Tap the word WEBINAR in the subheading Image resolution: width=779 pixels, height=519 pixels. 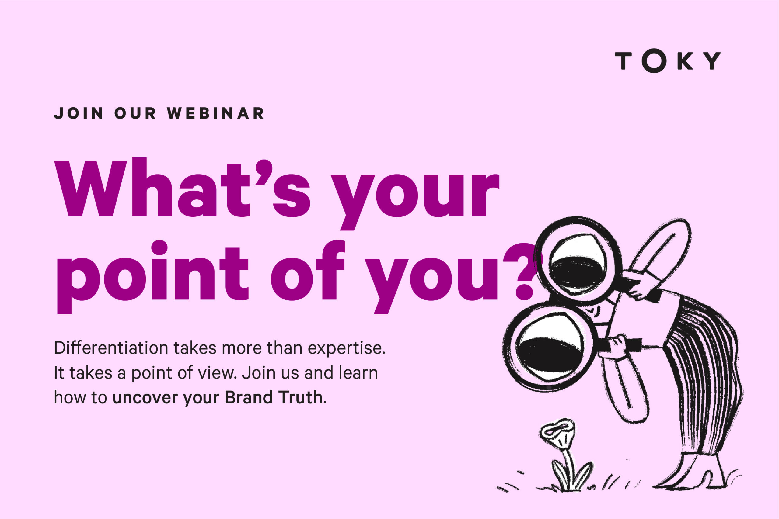pyautogui.click(x=216, y=113)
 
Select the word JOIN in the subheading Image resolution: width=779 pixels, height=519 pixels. pyautogui.click(x=79, y=113)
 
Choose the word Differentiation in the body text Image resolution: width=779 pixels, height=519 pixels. pyautogui.click(x=111, y=348)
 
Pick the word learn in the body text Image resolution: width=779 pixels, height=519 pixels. pyautogui.click(x=358, y=372)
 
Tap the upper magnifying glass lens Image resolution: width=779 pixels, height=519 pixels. pyautogui.click(x=578, y=262)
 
